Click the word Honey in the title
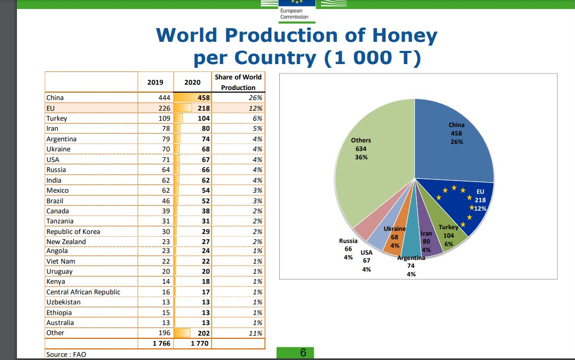click(x=405, y=36)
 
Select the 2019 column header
click(x=155, y=82)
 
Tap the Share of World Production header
click(x=238, y=82)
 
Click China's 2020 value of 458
click(x=204, y=97)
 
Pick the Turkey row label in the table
click(x=57, y=119)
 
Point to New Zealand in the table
click(x=66, y=242)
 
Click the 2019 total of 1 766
click(x=161, y=344)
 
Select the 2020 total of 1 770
click(x=199, y=344)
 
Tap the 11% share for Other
click(x=255, y=333)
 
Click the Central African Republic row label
click(x=83, y=292)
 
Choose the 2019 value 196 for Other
click(x=165, y=333)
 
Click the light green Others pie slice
click(x=370, y=165)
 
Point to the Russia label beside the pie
click(x=348, y=241)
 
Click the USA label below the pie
click(x=367, y=253)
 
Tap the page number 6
click(x=303, y=353)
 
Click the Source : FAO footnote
click(x=66, y=355)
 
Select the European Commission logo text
click(x=294, y=14)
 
